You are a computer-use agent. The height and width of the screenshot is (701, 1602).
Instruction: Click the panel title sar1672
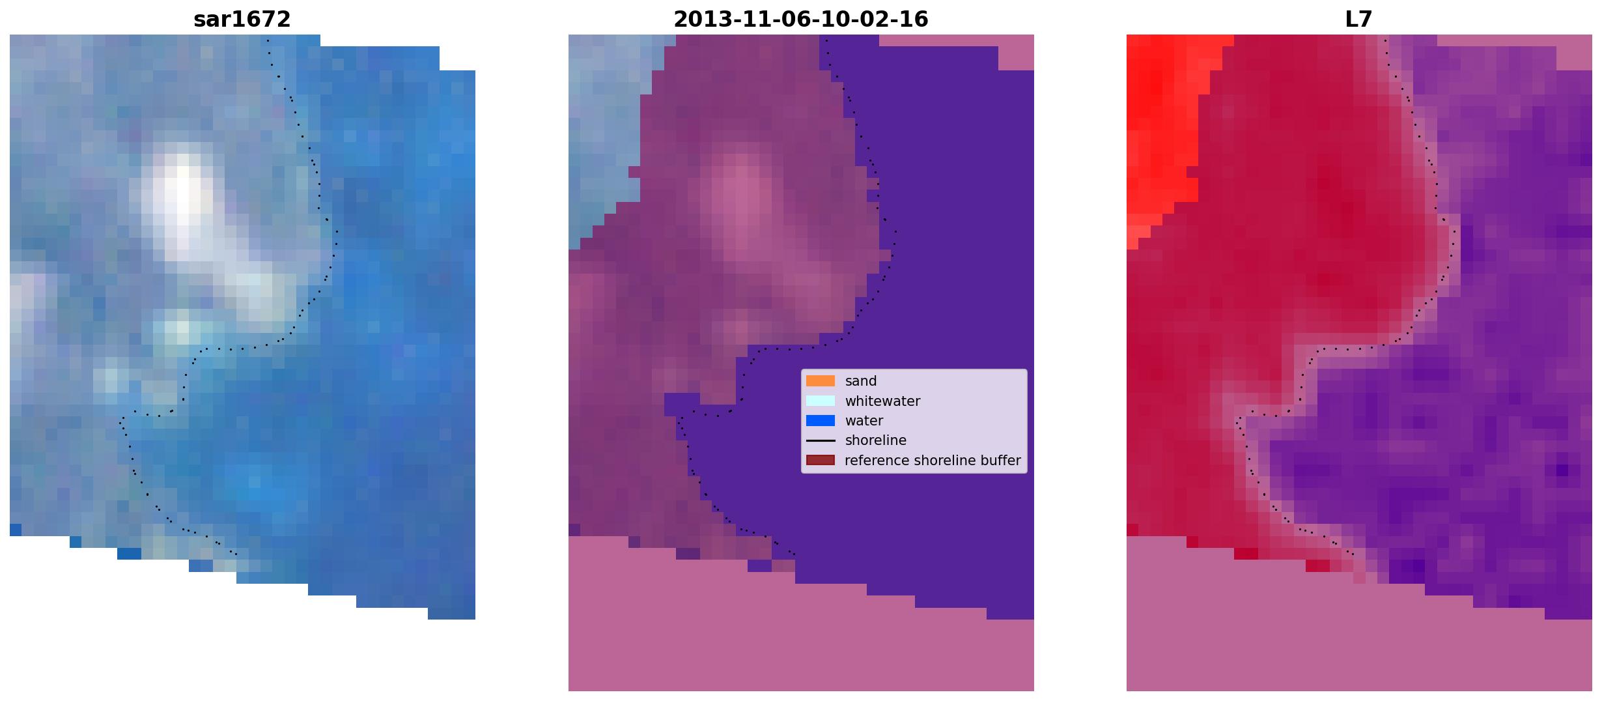[242, 20]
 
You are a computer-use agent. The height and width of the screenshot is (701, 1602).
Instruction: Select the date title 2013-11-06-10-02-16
[800, 20]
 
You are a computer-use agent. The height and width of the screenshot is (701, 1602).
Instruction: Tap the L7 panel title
[1358, 20]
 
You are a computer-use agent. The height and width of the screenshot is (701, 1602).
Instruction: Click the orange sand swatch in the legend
[820, 381]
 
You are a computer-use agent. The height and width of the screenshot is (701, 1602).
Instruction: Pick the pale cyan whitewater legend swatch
[820, 401]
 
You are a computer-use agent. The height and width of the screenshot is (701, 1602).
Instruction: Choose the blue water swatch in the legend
[820, 421]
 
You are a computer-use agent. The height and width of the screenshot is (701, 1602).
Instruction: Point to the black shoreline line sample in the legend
[820, 440]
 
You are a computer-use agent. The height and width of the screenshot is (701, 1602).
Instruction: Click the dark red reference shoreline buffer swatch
[820, 461]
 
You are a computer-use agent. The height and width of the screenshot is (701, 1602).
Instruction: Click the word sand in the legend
[861, 381]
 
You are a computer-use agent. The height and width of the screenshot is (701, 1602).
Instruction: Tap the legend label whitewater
[882, 401]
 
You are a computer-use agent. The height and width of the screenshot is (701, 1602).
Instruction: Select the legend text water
[864, 421]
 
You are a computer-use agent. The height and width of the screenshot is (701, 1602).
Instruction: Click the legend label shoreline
[876, 440]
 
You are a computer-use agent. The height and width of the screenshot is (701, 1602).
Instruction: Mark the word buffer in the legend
[1001, 461]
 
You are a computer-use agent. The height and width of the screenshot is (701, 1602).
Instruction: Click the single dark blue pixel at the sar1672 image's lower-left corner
[16, 530]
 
